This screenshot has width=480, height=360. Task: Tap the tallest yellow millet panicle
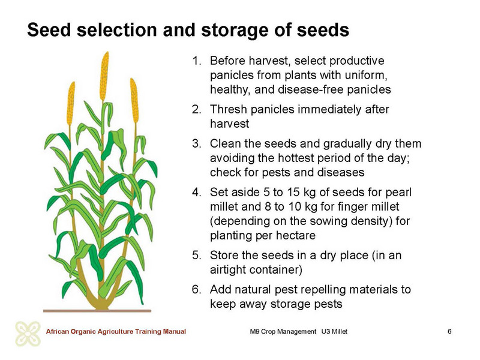point(104,76)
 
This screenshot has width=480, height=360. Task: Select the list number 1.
point(196,61)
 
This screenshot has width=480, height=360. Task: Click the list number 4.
point(196,192)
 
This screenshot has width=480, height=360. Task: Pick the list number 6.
point(196,290)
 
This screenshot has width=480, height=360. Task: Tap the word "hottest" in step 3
point(297,158)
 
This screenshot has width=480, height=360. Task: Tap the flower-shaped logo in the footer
point(28,334)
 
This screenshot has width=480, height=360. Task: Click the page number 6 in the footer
point(449,332)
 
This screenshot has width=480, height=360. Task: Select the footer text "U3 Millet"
point(334,332)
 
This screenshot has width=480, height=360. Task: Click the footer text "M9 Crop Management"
point(283,332)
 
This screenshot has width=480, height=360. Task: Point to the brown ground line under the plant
point(97,311)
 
